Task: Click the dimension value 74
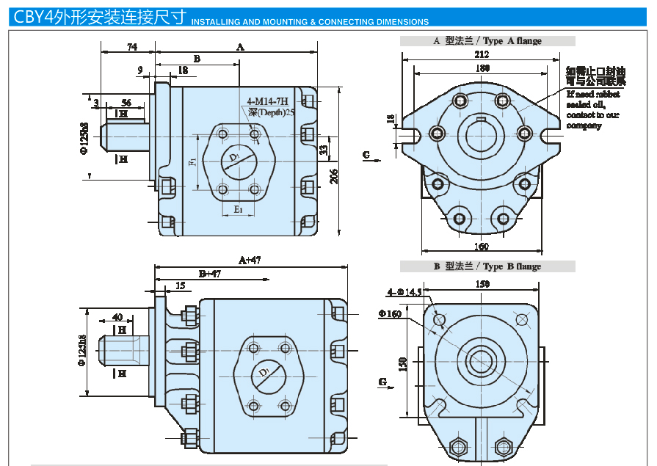pos(132,47)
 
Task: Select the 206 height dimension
pos(334,176)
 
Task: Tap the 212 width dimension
pos(482,55)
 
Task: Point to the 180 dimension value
pos(482,68)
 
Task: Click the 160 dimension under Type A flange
pos(481,246)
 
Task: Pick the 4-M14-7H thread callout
pos(268,101)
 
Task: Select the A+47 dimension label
pos(250,260)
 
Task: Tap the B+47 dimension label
pos(210,274)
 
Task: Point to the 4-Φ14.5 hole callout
pos(404,292)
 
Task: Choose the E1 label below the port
pos(238,210)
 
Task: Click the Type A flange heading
pos(487,41)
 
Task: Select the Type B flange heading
pos(487,266)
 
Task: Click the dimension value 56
pos(126,103)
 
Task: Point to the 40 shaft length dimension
pos(117,317)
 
